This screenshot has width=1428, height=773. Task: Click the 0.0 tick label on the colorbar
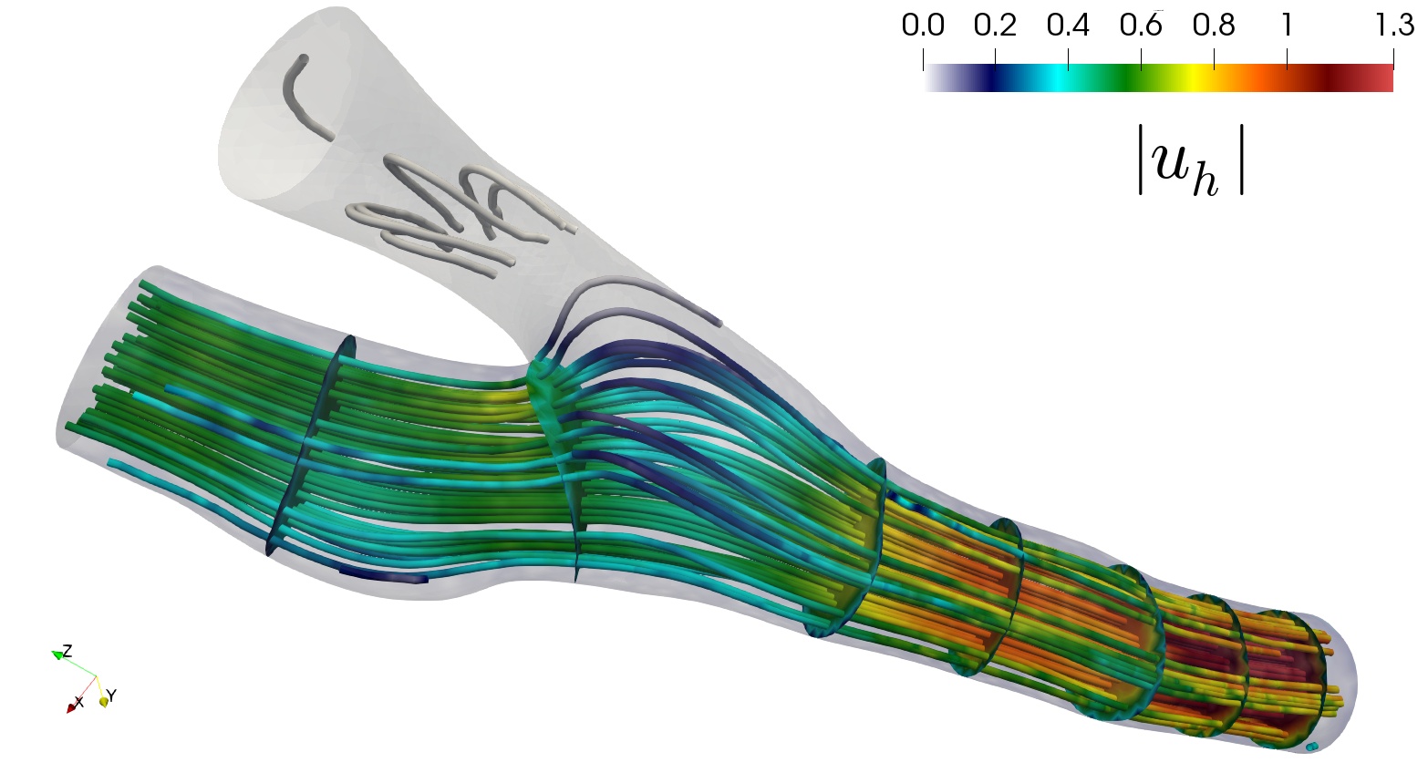[x=923, y=26]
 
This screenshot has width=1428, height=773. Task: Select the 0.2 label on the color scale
[x=995, y=26]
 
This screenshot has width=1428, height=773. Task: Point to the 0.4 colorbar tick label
[x=1068, y=26]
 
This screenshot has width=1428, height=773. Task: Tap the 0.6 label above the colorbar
[x=1141, y=26]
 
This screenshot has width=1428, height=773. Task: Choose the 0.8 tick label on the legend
[x=1214, y=26]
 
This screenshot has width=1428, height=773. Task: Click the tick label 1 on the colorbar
[x=1287, y=26]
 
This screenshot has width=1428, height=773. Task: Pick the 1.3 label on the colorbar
[x=1394, y=26]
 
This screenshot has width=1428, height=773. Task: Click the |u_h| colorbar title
[x=1191, y=160]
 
